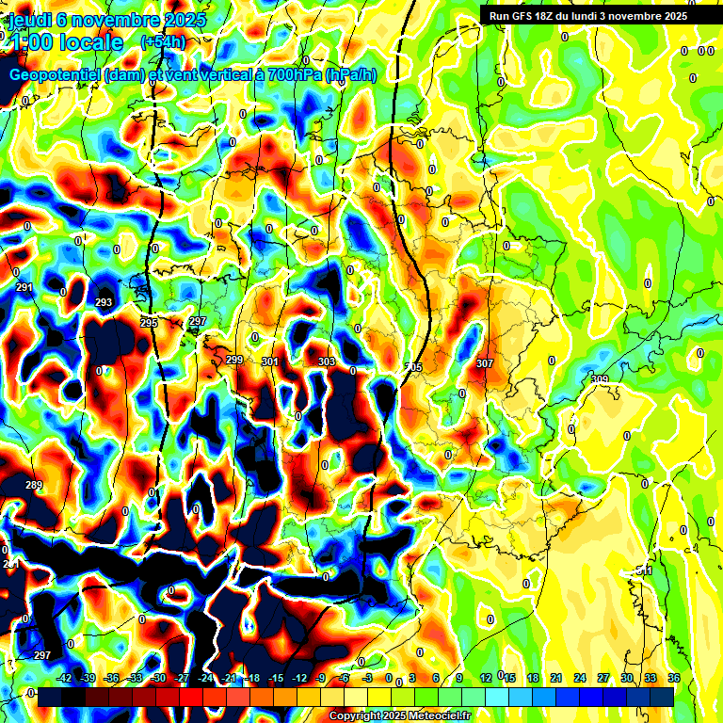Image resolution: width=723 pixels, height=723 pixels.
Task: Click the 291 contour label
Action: point(24,288)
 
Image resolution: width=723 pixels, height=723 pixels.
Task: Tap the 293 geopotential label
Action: point(104,303)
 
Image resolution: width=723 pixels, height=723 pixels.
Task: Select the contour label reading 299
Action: point(234,361)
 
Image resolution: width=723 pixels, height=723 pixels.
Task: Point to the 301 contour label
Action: point(270,361)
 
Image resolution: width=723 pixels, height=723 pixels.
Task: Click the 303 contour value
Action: point(327,361)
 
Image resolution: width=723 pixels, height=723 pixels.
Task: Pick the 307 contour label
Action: point(485,363)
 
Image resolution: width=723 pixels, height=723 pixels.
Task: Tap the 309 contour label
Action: point(600,379)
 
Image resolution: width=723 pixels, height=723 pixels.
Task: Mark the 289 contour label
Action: point(34,486)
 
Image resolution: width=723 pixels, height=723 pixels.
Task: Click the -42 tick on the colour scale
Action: point(64,679)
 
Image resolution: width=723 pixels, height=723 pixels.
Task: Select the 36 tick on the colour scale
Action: point(674,679)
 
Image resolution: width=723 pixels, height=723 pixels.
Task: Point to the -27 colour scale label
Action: point(182,679)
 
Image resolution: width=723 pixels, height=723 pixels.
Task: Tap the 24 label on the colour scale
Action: point(580,679)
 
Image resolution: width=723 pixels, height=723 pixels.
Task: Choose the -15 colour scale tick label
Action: point(276,679)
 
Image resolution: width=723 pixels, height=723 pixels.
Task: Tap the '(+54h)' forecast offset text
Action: point(163,42)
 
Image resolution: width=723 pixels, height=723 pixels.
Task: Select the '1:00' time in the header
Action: point(33,42)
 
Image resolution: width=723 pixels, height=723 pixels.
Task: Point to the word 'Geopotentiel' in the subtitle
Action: point(56,74)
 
